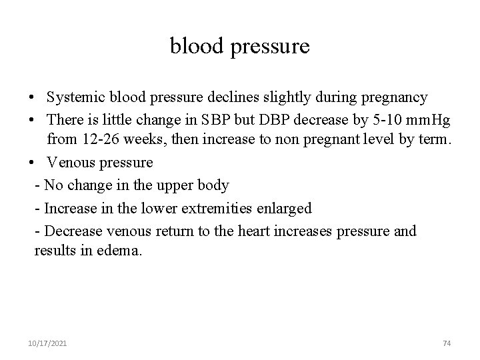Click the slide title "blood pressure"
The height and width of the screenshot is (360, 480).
click(240, 47)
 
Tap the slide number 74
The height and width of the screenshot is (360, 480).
click(447, 343)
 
